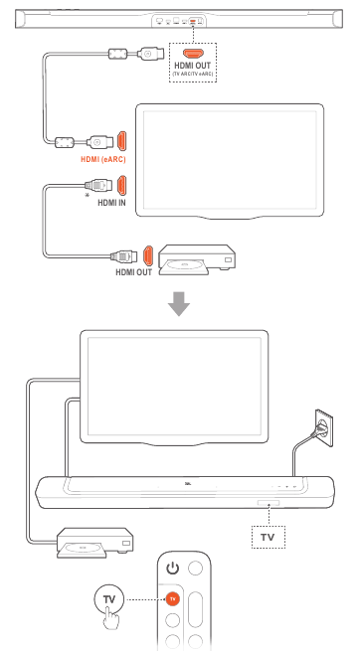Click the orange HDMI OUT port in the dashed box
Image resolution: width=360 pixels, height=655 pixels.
pyautogui.click(x=193, y=54)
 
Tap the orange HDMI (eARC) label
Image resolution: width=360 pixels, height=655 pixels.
pyautogui.click(x=102, y=159)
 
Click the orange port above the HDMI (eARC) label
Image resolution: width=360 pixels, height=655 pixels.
pyautogui.click(x=121, y=141)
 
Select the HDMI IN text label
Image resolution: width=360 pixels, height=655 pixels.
pyautogui.click(x=111, y=203)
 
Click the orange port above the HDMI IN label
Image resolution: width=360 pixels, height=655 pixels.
pyautogui.click(x=121, y=186)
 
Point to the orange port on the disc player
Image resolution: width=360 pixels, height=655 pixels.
pyautogui.click(x=148, y=255)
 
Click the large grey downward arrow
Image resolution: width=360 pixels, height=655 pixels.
pyautogui.click(x=179, y=304)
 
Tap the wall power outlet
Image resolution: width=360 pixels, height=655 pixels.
pyautogui.click(x=324, y=427)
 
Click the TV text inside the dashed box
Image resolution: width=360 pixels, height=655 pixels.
pyautogui.click(x=268, y=537)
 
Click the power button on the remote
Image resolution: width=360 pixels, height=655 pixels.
pyautogui.click(x=172, y=569)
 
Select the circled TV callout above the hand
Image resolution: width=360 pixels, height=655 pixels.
pyautogui.click(x=109, y=599)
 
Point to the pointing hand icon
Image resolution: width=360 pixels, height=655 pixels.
pyautogui.click(x=111, y=617)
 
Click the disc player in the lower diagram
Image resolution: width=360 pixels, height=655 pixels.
pyautogui.click(x=94, y=543)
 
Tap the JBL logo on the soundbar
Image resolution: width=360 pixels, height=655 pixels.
pyautogui.click(x=188, y=484)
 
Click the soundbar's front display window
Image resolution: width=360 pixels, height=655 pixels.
pyautogui.click(x=269, y=502)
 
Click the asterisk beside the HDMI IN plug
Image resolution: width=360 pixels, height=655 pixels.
pyautogui.click(x=87, y=196)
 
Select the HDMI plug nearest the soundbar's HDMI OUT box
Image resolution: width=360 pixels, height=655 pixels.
pyautogui.click(x=150, y=54)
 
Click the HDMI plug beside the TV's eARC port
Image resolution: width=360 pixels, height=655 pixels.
pyautogui.click(x=99, y=142)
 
